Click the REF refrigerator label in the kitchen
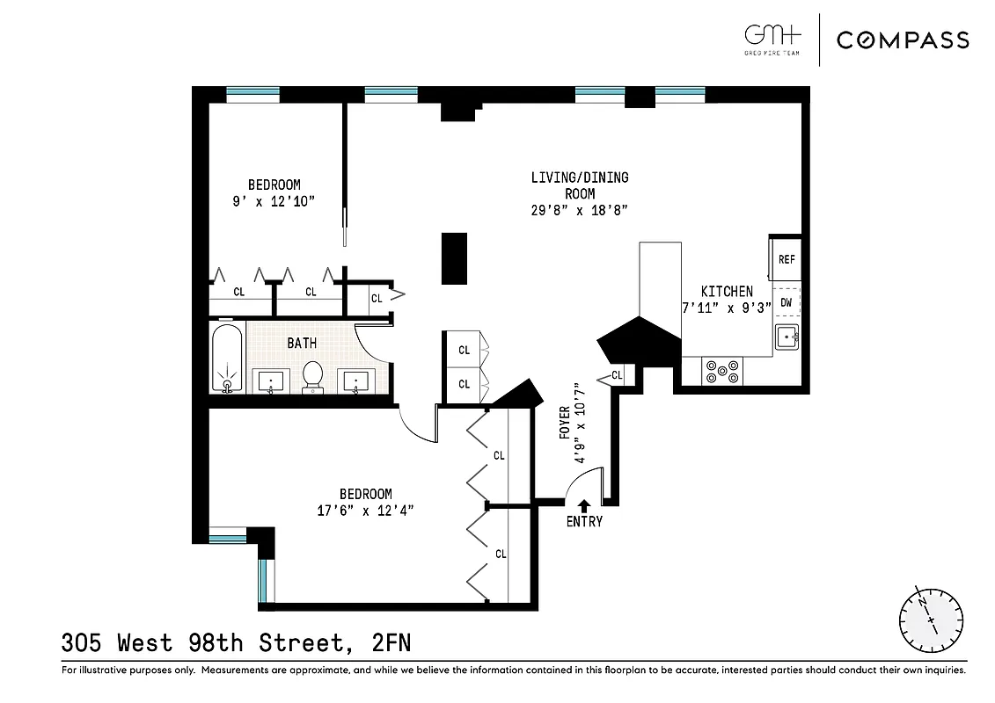click(786, 260)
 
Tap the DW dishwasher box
click(786, 302)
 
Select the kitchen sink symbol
click(786, 337)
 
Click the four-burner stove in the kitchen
click(722, 372)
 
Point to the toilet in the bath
click(312, 376)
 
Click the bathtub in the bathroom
click(227, 359)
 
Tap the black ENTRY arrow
click(583, 505)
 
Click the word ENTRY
click(584, 522)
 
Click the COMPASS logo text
click(903, 40)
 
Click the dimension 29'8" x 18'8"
click(580, 210)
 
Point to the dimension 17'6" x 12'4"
click(366, 510)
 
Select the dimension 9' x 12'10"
click(274, 200)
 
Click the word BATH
click(302, 343)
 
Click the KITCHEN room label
click(726, 291)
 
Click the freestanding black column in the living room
click(454, 258)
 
